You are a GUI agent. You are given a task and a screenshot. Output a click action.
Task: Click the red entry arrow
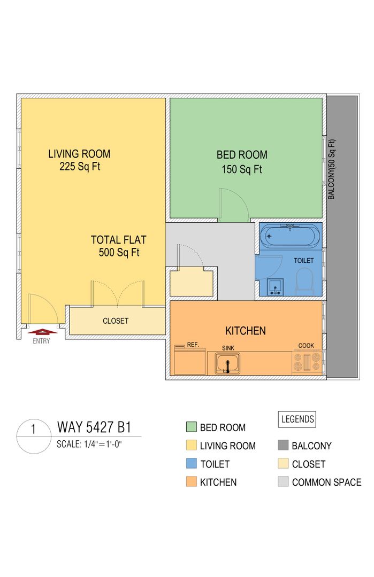(42, 331)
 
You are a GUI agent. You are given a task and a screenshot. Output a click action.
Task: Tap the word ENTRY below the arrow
(41, 341)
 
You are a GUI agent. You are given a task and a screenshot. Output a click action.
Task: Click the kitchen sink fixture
(228, 363)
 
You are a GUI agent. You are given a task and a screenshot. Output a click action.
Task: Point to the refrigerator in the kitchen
(189, 360)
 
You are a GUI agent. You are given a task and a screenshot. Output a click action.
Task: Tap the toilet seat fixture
(304, 282)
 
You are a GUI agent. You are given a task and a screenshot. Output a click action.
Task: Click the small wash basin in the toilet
(276, 287)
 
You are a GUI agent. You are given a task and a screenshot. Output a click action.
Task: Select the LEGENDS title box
(297, 419)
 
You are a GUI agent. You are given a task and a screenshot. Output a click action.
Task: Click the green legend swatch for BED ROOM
(192, 427)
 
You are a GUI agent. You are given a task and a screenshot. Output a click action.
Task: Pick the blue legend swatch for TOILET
(192, 463)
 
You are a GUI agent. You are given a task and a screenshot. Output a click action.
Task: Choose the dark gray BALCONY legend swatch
(283, 445)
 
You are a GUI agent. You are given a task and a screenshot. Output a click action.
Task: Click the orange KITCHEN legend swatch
(192, 481)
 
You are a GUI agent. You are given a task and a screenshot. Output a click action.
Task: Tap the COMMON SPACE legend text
(326, 482)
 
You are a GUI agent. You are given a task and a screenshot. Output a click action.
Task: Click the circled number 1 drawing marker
(34, 436)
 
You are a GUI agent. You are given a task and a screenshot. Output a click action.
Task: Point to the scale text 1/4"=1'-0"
(103, 444)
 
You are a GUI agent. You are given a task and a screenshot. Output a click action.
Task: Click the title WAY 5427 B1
(94, 427)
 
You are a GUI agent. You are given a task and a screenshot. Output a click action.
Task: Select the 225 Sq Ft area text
(80, 166)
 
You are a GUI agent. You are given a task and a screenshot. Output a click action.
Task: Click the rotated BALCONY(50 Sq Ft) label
(332, 169)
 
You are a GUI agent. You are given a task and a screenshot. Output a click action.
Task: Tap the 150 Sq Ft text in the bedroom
(242, 169)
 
